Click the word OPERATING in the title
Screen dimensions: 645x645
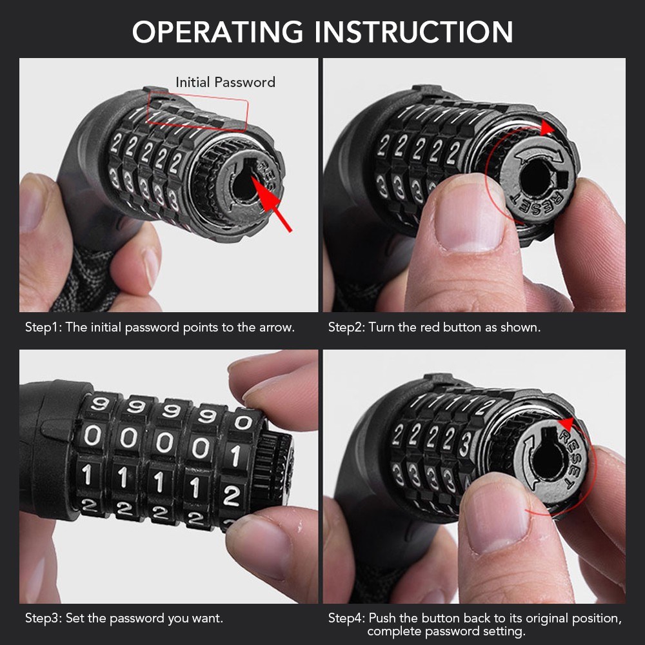217,32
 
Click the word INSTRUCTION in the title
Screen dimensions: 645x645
414,32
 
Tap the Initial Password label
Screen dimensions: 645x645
225,83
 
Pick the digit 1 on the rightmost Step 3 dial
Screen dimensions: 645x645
235,456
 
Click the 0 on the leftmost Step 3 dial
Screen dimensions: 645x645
92,435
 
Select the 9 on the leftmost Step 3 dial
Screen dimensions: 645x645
99,404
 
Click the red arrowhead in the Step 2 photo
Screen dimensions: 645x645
547,128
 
